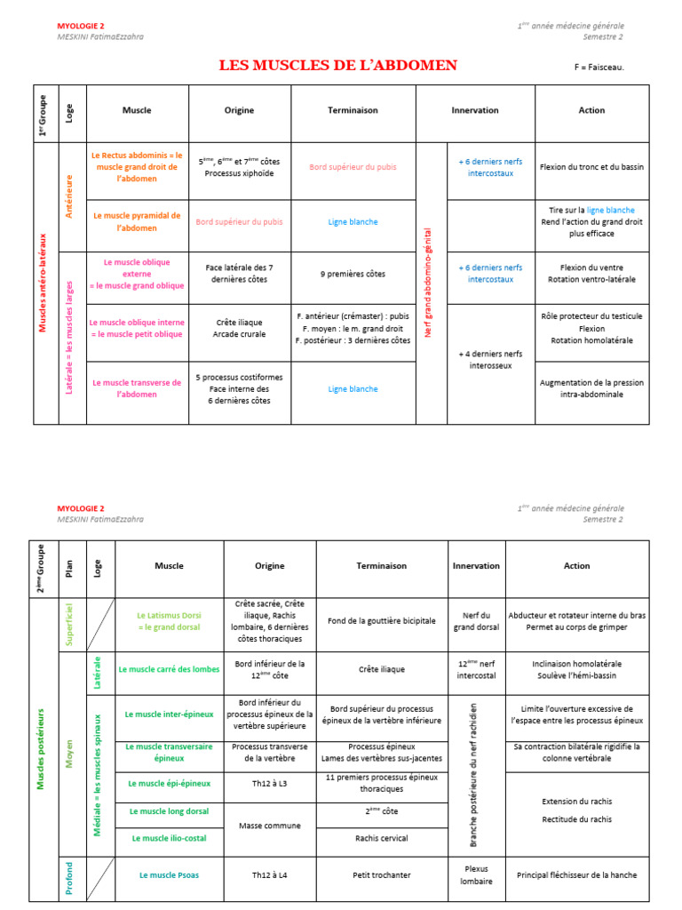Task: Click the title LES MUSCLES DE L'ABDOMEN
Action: [x=338, y=65]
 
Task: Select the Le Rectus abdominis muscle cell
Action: [x=137, y=167]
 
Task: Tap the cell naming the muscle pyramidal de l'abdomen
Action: [x=137, y=222]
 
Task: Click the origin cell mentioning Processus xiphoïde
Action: [x=239, y=167]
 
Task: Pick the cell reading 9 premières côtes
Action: [x=353, y=274]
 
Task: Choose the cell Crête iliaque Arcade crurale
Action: [x=239, y=329]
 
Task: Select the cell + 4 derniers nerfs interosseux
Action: [x=491, y=359]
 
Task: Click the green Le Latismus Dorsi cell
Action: [x=169, y=621]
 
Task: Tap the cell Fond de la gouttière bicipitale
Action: [x=381, y=621]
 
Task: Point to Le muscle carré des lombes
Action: [x=169, y=669]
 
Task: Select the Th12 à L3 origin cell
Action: [x=269, y=784]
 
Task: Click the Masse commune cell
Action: [x=269, y=826]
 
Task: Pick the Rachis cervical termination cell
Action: [x=381, y=838]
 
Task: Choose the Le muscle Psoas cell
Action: [x=169, y=875]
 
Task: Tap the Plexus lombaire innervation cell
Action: [x=476, y=875]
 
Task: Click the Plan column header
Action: [x=68, y=566]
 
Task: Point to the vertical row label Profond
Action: [x=68, y=876]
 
